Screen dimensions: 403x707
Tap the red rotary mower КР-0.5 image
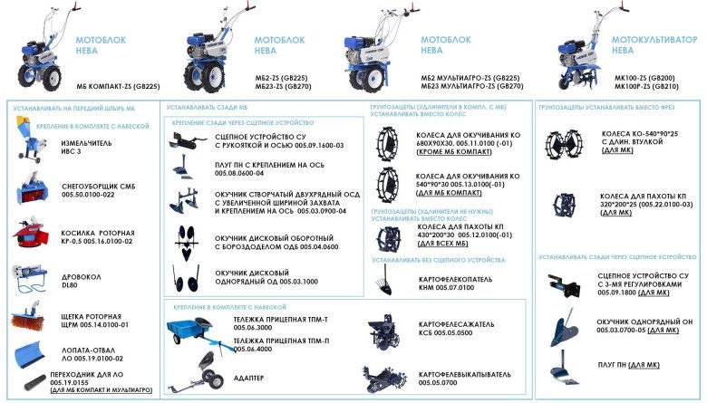(32, 232)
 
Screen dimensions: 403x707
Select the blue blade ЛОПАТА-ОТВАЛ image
(33, 348)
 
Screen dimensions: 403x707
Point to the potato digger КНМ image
(387, 277)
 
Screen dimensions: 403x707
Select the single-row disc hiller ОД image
(189, 280)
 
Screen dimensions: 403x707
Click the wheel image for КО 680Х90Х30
(390, 141)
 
